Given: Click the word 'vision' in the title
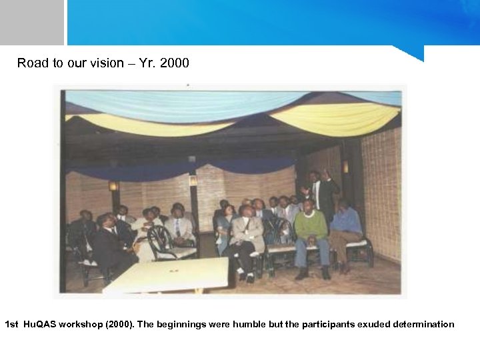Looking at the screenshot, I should pyautogui.click(x=106, y=63).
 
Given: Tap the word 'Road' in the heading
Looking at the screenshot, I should pyautogui.click(x=33, y=63).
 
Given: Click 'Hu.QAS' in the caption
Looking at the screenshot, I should pyautogui.click(x=39, y=325).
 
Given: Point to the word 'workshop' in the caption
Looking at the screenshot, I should pyautogui.click(x=80, y=325).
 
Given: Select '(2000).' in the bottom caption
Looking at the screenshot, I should pyautogui.click(x=119, y=325).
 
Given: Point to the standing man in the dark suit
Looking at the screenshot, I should pyautogui.click(x=323, y=193).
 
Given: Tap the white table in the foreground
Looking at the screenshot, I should pyautogui.click(x=167, y=275).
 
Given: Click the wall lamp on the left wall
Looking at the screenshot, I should pyautogui.click(x=113, y=186).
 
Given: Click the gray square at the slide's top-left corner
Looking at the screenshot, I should pyautogui.click(x=31, y=22).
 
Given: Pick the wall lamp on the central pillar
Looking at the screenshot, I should pyautogui.click(x=193, y=180).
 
